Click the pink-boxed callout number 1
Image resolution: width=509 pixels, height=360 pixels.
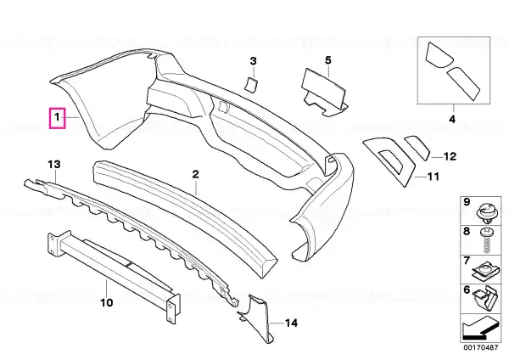tap(57, 118)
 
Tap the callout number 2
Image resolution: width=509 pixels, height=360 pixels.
tap(195, 174)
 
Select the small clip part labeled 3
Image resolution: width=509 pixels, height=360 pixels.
tap(250, 85)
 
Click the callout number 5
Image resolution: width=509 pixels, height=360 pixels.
tap(327, 60)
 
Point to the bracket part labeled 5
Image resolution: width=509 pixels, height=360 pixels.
tap(324, 93)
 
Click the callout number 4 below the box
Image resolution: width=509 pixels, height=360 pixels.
tap(452, 119)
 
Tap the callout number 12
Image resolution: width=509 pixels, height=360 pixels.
tap(450, 156)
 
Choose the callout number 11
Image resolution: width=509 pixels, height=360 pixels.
tap(433, 177)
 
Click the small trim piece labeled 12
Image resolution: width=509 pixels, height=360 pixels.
tap(417, 148)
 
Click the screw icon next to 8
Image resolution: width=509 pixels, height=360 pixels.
tap(486, 241)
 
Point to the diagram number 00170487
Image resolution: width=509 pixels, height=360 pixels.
tap(481, 347)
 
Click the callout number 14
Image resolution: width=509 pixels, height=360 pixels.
tap(291, 323)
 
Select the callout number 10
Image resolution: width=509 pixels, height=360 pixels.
tap(107, 302)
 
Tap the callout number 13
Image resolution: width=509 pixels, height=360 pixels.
tap(54, 164)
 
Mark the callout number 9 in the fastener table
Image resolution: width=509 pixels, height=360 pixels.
tap(467, 202)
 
